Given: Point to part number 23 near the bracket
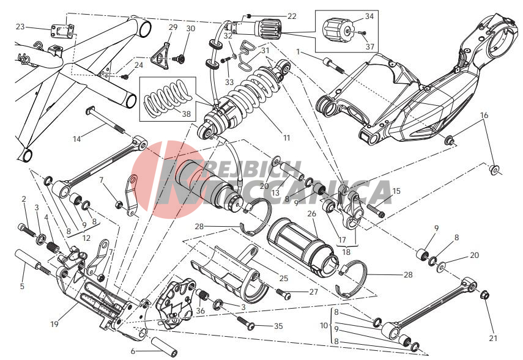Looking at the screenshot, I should pos(20,27).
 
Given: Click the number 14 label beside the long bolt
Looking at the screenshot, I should pos(76,139).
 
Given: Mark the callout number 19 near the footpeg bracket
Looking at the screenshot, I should pos(54,324).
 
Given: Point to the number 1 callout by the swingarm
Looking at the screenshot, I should pos(298,53).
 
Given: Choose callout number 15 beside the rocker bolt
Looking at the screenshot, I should pos(396,191).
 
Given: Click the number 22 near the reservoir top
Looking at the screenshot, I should pos(291,16).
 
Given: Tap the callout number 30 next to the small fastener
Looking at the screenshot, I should pos(190,29).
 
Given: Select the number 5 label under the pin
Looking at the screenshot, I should pos(23,285).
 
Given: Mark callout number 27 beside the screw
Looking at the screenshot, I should pos(313,292).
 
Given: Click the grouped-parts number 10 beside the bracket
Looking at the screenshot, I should pos(323,326).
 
